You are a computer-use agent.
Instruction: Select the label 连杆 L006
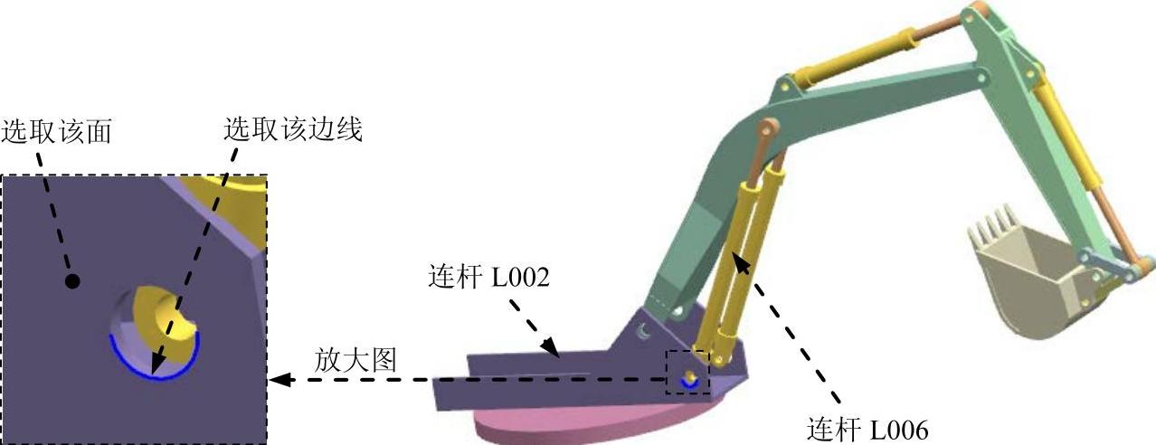coord(867,428)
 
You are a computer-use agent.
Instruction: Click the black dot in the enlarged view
coord(73,281)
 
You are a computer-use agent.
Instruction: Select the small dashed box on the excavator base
coord(687,372)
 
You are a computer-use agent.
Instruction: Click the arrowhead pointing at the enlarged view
coord(280,381)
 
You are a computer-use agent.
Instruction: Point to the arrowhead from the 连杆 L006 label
coord(739,261)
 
